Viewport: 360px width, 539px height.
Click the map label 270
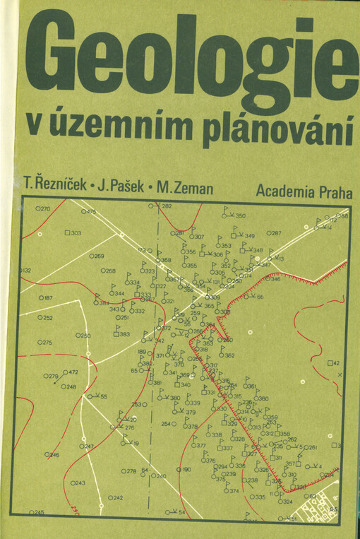tap(45, 209)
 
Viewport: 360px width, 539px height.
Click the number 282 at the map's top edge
tap(167, 206)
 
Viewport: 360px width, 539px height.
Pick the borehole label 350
tap(240, 216)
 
